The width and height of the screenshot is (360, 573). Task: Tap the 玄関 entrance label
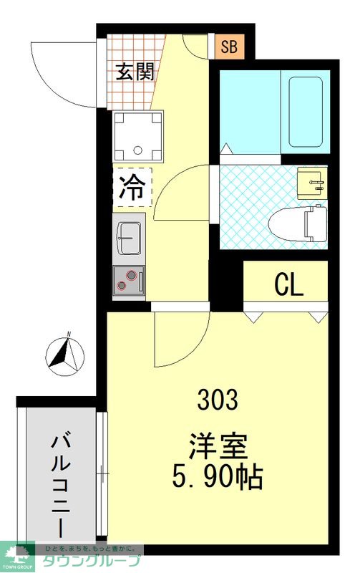135,72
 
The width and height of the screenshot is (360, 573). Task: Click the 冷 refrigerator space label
132,188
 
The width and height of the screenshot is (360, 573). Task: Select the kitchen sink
129,236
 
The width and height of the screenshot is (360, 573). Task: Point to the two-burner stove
129,279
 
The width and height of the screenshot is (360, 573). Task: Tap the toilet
299,223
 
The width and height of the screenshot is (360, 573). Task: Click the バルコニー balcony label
61,483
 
